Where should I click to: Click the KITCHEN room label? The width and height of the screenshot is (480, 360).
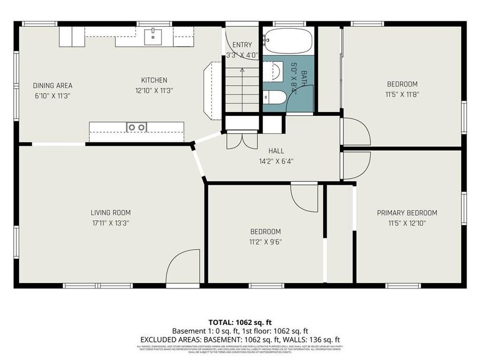[x=154, y=81]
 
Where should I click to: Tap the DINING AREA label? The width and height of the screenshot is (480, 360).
[x=52, y=85]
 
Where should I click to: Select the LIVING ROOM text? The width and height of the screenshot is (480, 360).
[x=110, y=212]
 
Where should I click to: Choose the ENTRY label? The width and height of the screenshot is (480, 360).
[x=242, y=45]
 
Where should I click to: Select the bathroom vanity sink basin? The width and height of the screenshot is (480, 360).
[x=276, y=98]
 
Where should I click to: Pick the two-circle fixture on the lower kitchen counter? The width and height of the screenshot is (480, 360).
[x=137, y=127]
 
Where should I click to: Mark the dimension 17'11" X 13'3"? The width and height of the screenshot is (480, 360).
[x=110, y=223]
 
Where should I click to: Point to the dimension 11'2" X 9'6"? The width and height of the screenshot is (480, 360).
[x=265, y=242]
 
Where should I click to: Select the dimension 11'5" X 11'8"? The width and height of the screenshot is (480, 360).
[x=402, y=94]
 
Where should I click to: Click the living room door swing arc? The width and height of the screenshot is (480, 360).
[x=181, y=269]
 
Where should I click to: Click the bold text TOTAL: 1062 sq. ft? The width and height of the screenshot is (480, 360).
[x=239, y=322]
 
